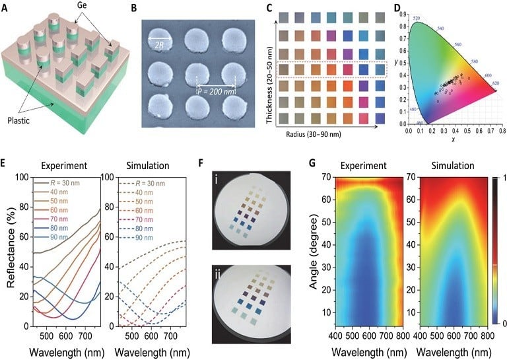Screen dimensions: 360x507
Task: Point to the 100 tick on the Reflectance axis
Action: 20,177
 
